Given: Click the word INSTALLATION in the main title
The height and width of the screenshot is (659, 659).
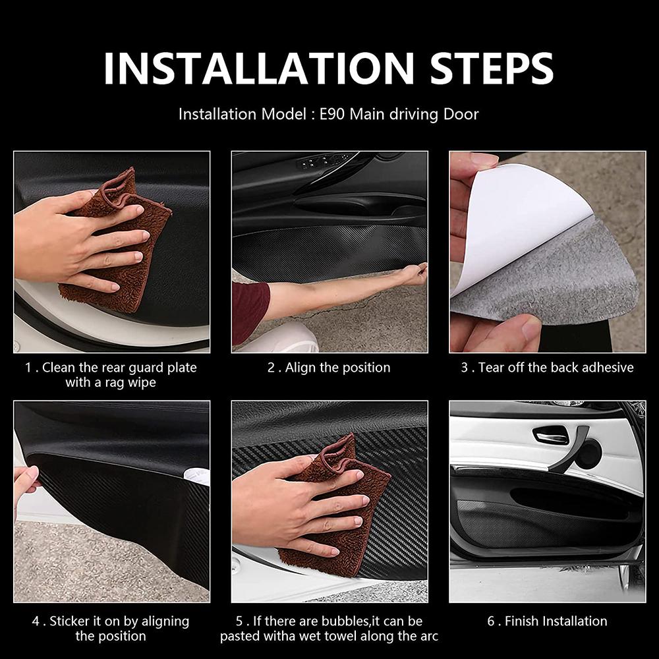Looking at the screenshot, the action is click(259, 69).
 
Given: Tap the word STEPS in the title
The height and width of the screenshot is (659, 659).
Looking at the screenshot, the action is click(492, 69).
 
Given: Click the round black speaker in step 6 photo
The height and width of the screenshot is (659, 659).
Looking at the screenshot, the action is click(588, 454).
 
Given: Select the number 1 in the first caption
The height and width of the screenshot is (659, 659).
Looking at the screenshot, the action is click(28, 368).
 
